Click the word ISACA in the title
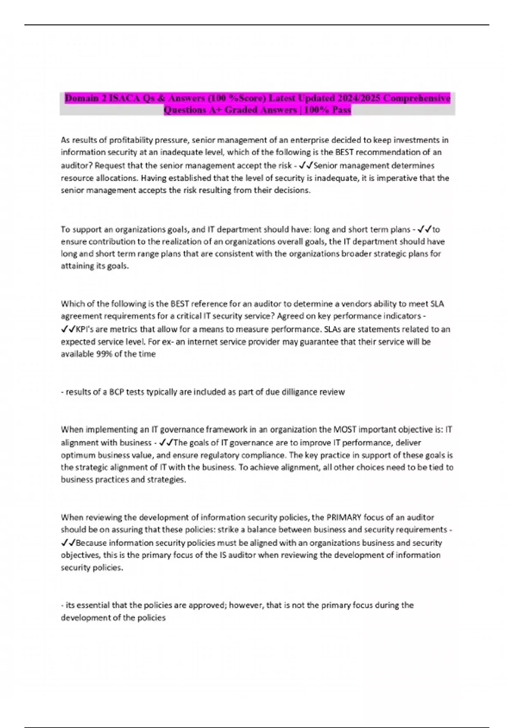(x=124, y=98)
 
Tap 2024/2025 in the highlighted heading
(x=358, y=98)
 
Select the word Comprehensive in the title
(x=417, y=98)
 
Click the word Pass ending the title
(x=341, y=110)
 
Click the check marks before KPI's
(x=68, y=329)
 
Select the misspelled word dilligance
(x=302, y=392)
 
